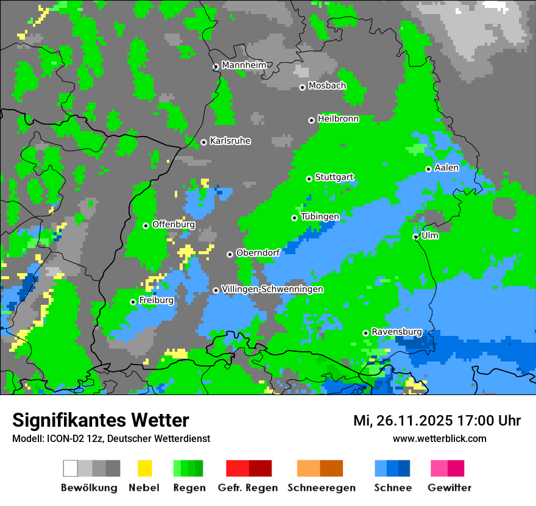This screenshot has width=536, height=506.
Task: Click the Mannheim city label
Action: point(244,65)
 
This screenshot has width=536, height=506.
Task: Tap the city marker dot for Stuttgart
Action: point(309,179)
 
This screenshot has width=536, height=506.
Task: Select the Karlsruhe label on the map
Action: point(230,141)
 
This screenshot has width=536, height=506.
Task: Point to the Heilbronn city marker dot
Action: point(312,120)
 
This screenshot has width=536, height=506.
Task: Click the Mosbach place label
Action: point(327,86)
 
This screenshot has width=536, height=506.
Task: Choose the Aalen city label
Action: point(446,168)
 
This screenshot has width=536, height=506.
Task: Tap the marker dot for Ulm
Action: point(416,237)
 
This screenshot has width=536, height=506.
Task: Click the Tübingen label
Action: point(320,216)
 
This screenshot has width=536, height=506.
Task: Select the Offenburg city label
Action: point(174,224)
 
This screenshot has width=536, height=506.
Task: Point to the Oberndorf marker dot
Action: point(230,254)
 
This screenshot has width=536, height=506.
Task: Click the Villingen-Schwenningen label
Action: point(272,289)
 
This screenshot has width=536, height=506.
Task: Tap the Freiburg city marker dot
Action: point(133,302)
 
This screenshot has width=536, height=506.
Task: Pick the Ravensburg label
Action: point(397,332)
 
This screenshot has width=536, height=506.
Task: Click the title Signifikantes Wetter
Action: point(100,420)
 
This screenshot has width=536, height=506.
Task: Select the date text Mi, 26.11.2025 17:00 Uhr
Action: point(437,421)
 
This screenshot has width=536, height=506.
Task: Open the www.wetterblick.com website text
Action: point(439,438)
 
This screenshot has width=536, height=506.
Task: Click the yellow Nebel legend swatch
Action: point(144,468)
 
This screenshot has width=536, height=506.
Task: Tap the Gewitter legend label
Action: point(450,488)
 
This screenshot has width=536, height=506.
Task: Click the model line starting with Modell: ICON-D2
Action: point(111,438)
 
